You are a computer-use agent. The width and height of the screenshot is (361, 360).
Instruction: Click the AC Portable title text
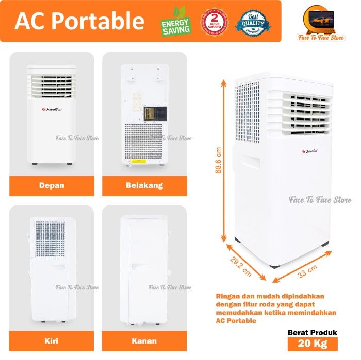coord(79,21)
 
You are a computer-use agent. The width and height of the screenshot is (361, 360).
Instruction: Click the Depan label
coord(52,185)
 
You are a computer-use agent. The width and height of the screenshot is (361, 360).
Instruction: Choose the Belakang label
coord(144,185)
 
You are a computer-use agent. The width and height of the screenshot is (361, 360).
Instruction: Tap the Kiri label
coord(52,341)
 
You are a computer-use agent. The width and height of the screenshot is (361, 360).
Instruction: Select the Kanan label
coord(144,341)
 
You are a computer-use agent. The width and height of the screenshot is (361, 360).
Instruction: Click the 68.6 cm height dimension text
coord(219,161)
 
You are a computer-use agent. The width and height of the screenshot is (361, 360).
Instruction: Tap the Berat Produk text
coord(313,333)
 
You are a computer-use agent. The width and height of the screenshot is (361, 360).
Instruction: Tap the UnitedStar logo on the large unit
coord(308,151)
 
